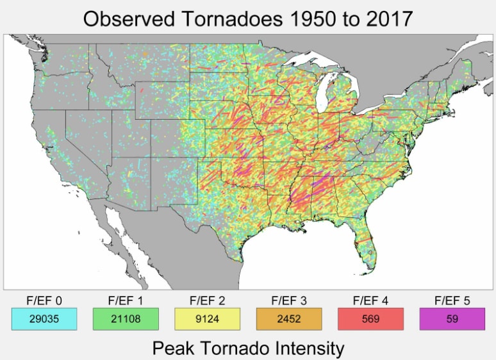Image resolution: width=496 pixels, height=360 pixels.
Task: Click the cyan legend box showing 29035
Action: click(44, 319)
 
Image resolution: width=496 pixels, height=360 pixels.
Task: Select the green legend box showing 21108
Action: click(126, 319)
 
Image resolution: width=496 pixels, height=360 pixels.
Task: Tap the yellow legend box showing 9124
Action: click(207, 319)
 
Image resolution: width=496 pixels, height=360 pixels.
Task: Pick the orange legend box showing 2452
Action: click(289, 319)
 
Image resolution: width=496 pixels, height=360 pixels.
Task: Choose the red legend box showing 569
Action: click(370, 319)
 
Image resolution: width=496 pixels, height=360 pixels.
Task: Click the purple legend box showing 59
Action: click(452, 319)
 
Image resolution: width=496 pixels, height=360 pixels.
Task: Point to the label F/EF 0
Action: click(44, 300)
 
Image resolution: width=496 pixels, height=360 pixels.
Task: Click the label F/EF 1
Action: click(126, 300)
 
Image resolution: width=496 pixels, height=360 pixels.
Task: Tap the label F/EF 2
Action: click(207, 300)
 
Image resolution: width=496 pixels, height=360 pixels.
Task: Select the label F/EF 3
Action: click(289, 300)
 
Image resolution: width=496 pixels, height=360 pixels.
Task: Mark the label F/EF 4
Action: click(370, 300)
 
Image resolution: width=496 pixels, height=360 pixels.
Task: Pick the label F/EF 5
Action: click(452, 300)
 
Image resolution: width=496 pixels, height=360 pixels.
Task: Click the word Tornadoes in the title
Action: click(225, 19)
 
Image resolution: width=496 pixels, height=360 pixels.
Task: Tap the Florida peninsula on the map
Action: click(365, 247)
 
